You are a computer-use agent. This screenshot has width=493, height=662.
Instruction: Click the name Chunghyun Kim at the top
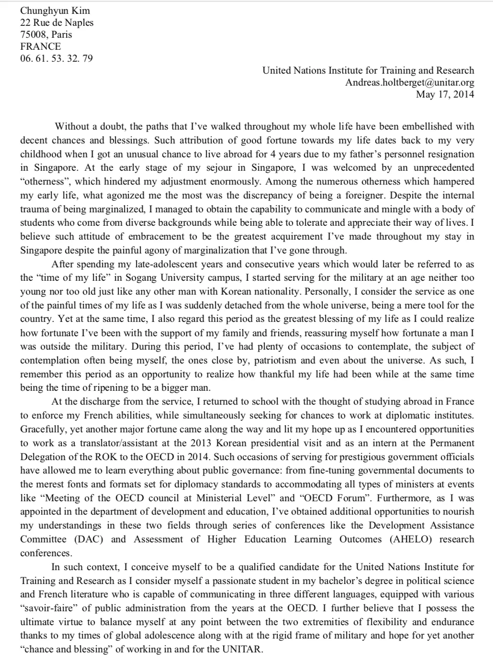click(55, 11)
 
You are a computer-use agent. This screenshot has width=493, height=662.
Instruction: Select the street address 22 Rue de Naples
click(56, 22)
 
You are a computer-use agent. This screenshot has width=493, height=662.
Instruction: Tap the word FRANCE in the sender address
click(40, 46)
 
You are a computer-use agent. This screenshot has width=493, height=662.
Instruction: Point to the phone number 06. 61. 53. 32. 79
click(56, 58)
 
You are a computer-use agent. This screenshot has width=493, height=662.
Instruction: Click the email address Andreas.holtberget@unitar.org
click(410, 82)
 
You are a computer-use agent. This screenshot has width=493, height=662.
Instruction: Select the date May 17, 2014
click(445, 94)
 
